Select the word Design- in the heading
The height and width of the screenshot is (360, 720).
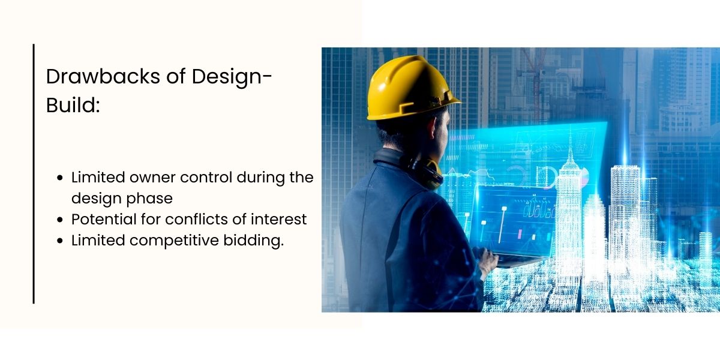pyautogui.click(x=233, y=76)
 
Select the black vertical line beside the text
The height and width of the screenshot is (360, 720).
pyautogui.click(x=34, y=174)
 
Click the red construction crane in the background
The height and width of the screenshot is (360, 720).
pyautogui.click(x=534, y=66)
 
